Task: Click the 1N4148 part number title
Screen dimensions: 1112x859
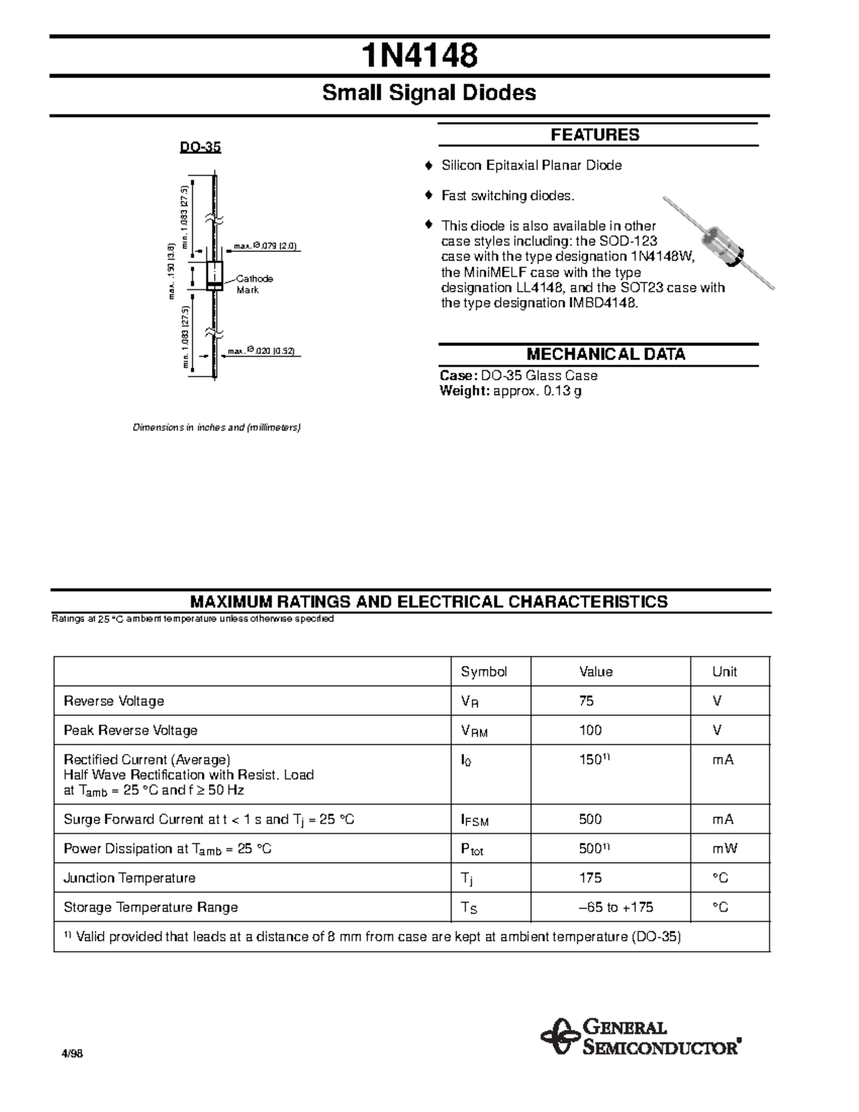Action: [x=419, y=57]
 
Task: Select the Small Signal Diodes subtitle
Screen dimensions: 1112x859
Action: [x=429, y=93]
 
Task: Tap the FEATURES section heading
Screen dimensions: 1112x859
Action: [x=595, y=135]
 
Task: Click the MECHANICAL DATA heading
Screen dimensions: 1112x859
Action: [x=606, y=354]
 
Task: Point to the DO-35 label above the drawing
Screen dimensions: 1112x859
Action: [x=200, y=148]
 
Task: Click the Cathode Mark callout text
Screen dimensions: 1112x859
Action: [x=254, y=284]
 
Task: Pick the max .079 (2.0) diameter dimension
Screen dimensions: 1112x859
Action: [x=265, y=247]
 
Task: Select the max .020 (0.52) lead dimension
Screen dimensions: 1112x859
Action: [x=261, y=352]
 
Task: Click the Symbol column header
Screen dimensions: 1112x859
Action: [x=484, y=672]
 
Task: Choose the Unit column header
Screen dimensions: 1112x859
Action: [x=724, y=672]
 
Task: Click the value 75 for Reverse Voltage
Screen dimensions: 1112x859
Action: [x=586, y=701]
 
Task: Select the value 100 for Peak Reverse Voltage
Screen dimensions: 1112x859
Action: [x=591, y=730]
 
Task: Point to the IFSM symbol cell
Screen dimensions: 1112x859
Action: [x=475, y=821]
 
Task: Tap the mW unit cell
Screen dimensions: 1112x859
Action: [x=724, y=848]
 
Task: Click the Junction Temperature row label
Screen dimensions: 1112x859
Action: [x=130, y=878]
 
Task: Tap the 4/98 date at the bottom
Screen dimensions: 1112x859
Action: [x=72, y=1054]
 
